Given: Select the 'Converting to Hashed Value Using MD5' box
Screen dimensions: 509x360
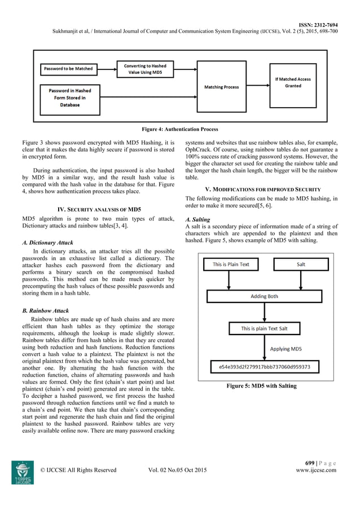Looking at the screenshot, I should click(145, 69).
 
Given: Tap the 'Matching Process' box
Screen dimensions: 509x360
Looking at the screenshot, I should click(221, 87).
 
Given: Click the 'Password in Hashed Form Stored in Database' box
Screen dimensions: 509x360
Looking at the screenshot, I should click(69, 98).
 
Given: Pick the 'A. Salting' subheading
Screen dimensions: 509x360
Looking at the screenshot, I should click(197, 220).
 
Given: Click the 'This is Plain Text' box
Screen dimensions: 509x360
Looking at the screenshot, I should click(231, 264).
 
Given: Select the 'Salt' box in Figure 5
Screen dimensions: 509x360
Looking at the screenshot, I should click(301, 264).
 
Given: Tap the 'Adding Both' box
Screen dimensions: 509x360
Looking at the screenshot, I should click(267, 296).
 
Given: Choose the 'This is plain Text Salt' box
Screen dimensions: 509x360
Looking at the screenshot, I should click(268, 328).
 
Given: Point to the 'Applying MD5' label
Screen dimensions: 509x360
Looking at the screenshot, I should click(286, 349).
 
